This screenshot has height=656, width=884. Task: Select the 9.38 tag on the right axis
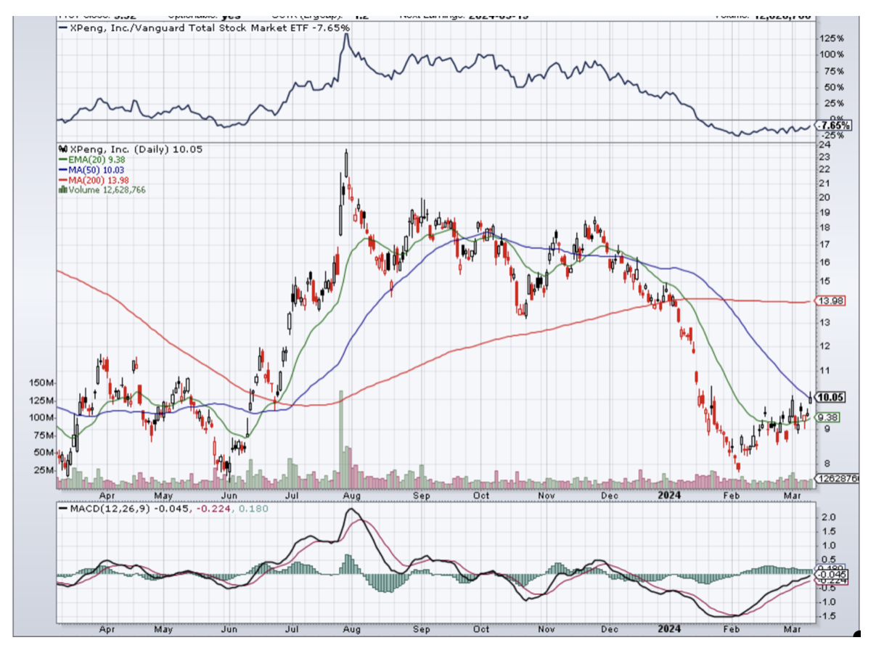tap(827, 417)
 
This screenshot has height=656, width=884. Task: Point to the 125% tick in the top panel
tap(831, 38)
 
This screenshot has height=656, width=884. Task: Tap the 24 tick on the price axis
tap(823, 144)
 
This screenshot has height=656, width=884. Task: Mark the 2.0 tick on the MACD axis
tap(827, 517)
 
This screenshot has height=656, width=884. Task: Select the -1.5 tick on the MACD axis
tap(827, 615)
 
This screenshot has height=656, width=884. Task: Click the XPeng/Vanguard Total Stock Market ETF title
tap(207, 28)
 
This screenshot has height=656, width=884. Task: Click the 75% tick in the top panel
tap(832, 71)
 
